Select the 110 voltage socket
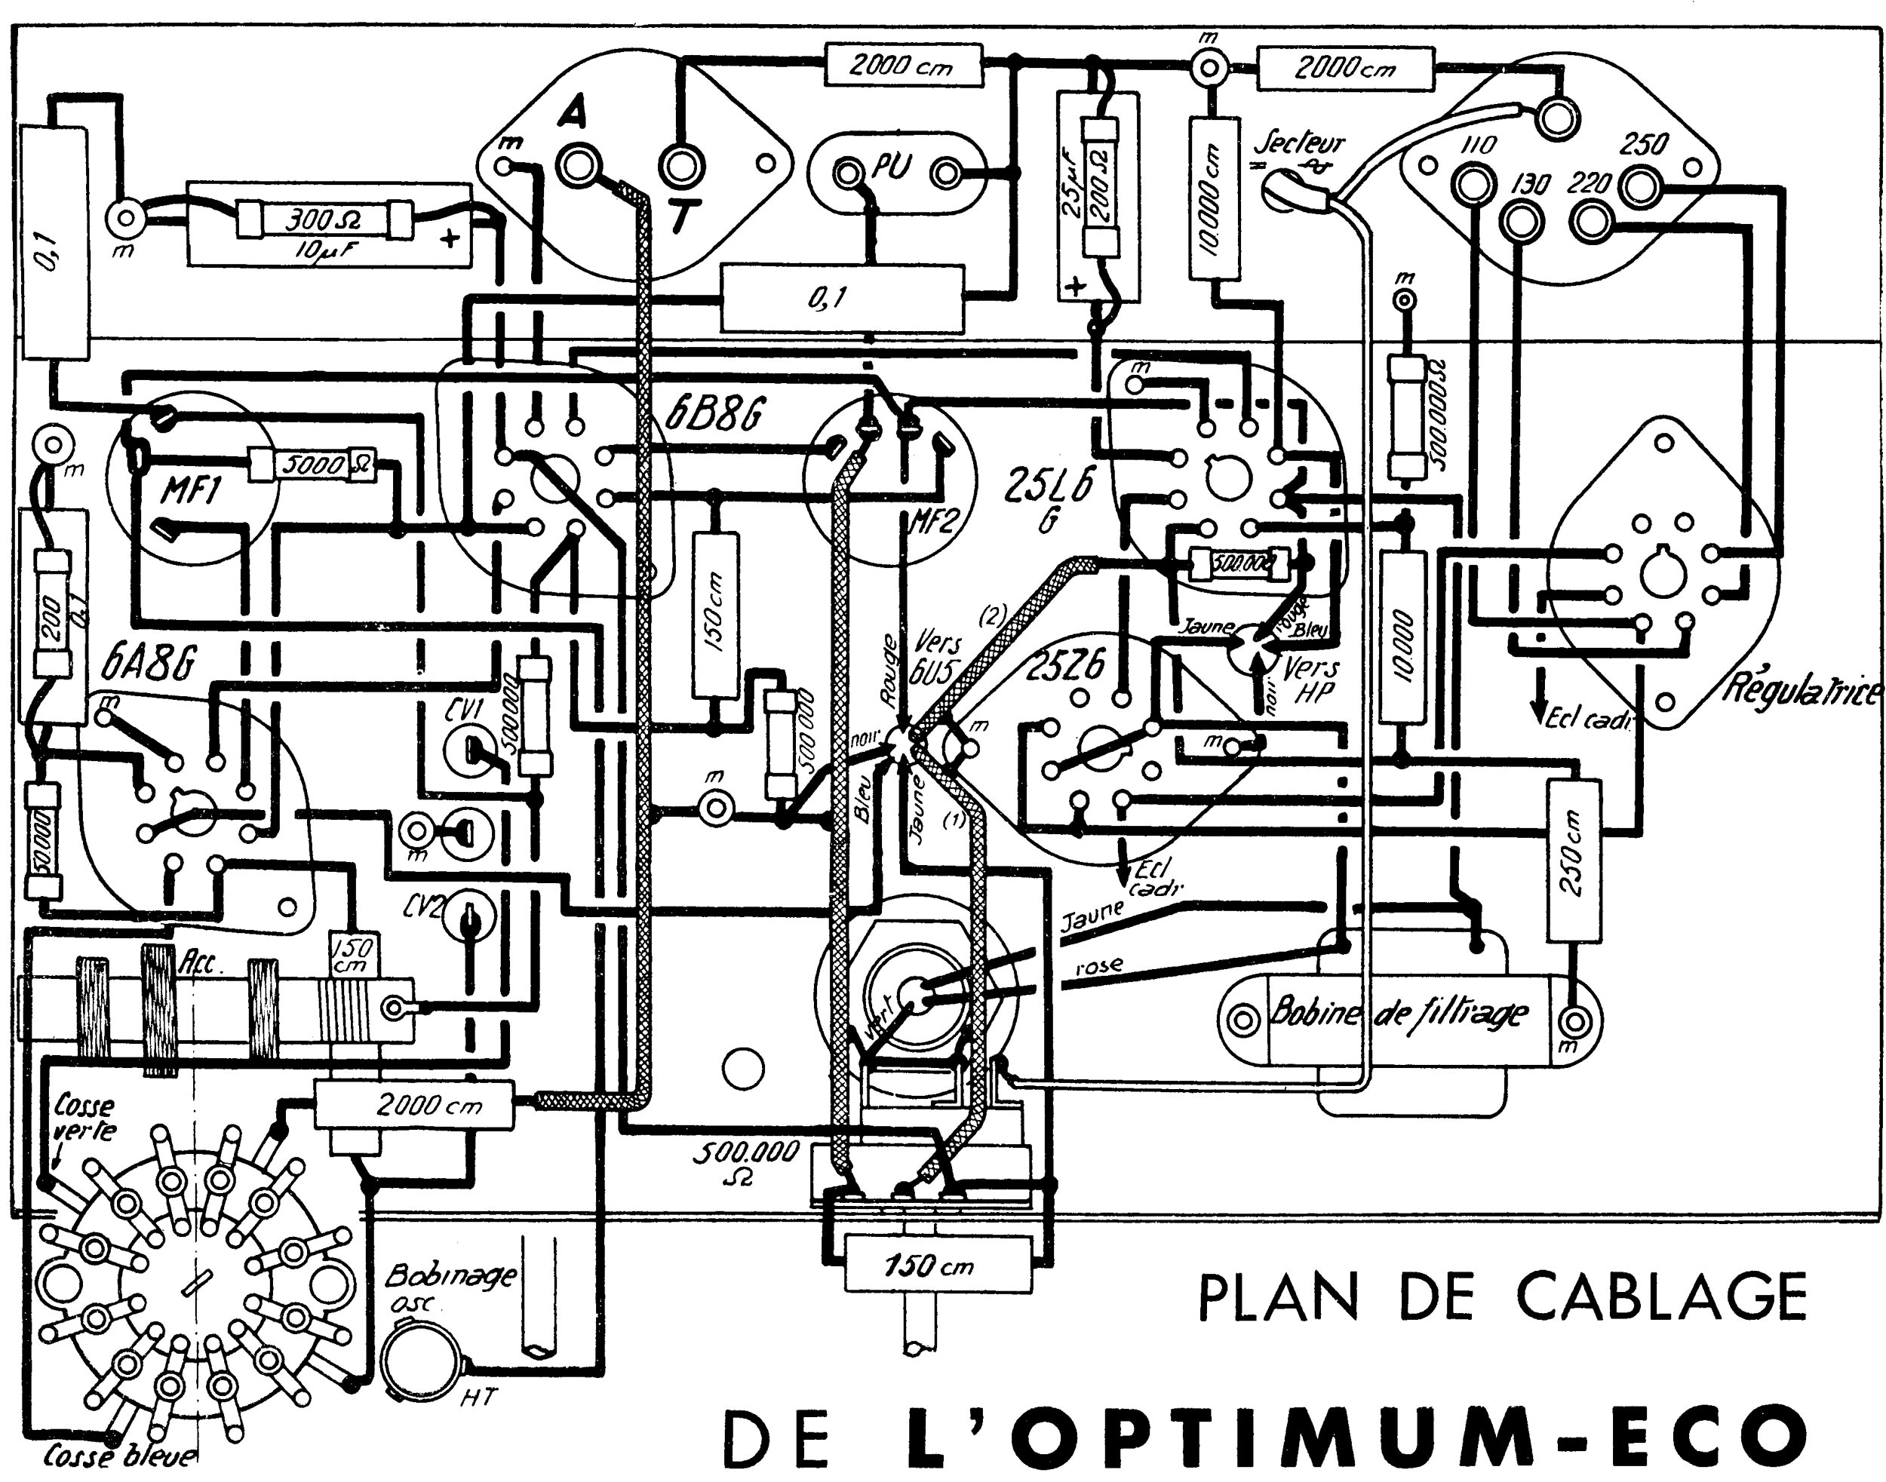[1474, 185]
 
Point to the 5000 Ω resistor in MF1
[312, 466]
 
